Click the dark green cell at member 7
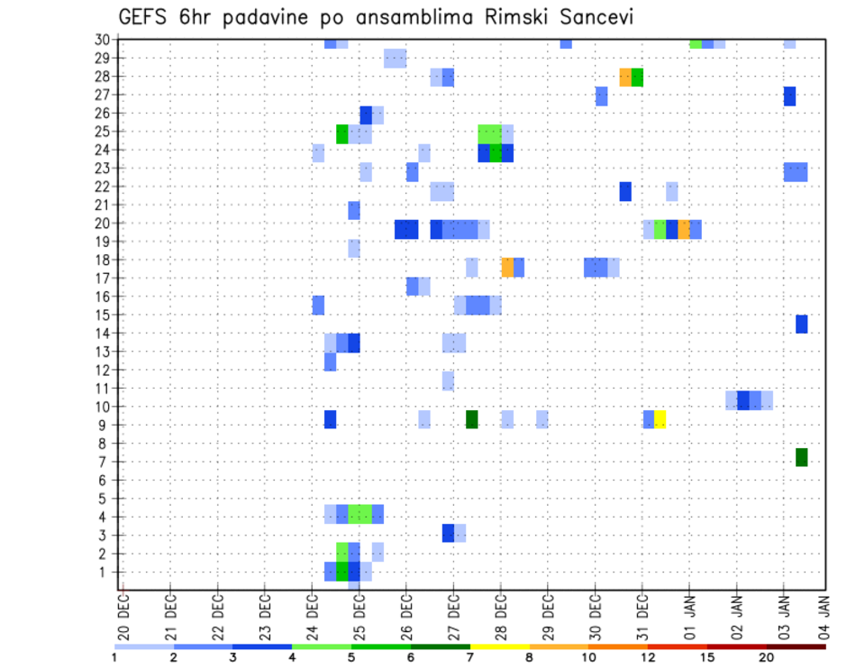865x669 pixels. click(x=801, y=457)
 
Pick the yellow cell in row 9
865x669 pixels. click(x=660, y=419)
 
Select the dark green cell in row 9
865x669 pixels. click(x=471, y=419)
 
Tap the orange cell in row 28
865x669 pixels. click(x=625, y=77)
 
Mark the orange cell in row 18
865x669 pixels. click(x=507, y=267)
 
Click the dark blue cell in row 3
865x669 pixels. click(x=448, y=533)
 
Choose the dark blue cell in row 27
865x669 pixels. click(x=789, y=96)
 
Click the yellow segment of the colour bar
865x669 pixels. click(x=499, y=646)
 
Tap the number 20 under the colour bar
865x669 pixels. click(x=766, y=658)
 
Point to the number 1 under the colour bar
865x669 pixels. click(x=114, y=658)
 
